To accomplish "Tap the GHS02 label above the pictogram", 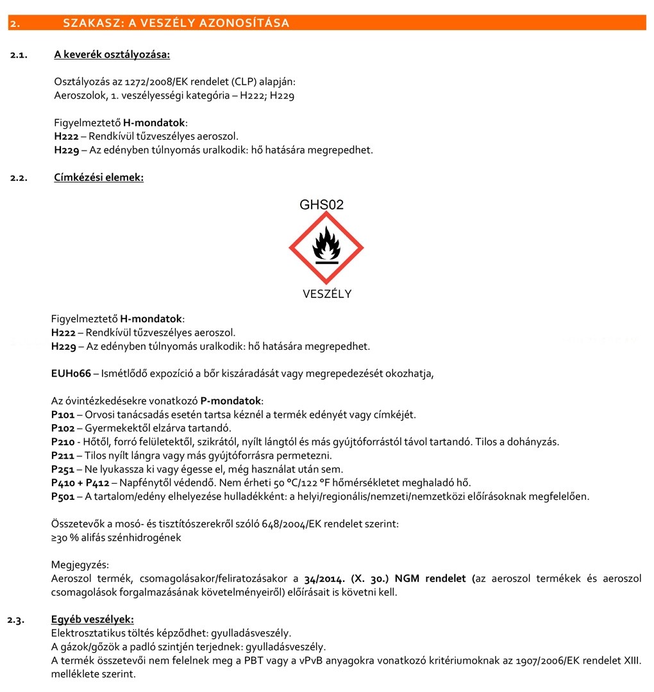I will (x=321, y=205).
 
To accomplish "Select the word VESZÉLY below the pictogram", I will (x=327, y=294).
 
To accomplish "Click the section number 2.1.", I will (x=19, y=55).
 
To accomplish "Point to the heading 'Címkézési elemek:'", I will (x=99, y=177).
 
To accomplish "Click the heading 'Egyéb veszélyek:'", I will (x=92, y=619).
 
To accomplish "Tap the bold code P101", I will (x=63, y=415).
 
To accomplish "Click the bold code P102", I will (x=63, y=428).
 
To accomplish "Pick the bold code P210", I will (x=63, y=442).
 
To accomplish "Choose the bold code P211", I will (x=63, y=456).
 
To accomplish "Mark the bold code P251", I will (x=63, y=469).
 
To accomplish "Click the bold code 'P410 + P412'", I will (x=80, y=482).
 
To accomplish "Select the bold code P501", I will (x=63, y=496).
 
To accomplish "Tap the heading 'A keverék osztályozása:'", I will (x=112, y=55).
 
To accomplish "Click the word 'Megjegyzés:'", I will (x=80, y=564).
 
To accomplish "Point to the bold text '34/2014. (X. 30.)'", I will (x=346, y=579).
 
